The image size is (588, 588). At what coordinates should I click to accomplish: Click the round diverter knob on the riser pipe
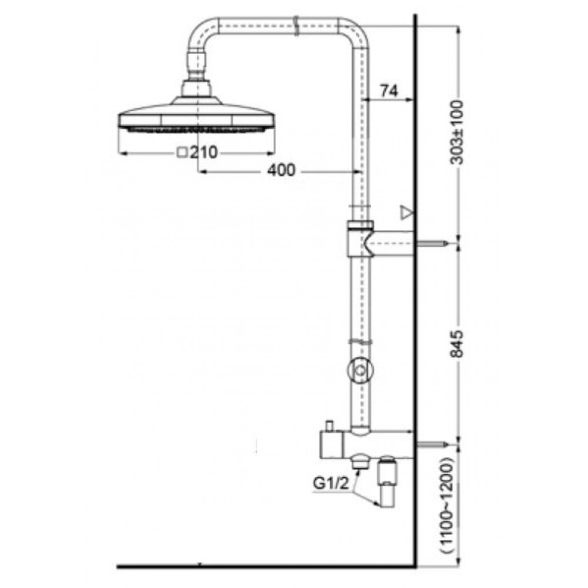359,370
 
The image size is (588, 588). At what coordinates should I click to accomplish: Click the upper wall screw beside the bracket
435,242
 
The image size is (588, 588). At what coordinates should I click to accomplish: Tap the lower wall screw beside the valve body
435,442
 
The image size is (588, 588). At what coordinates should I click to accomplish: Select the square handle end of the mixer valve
329,446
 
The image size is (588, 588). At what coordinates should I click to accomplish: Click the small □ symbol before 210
182,153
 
